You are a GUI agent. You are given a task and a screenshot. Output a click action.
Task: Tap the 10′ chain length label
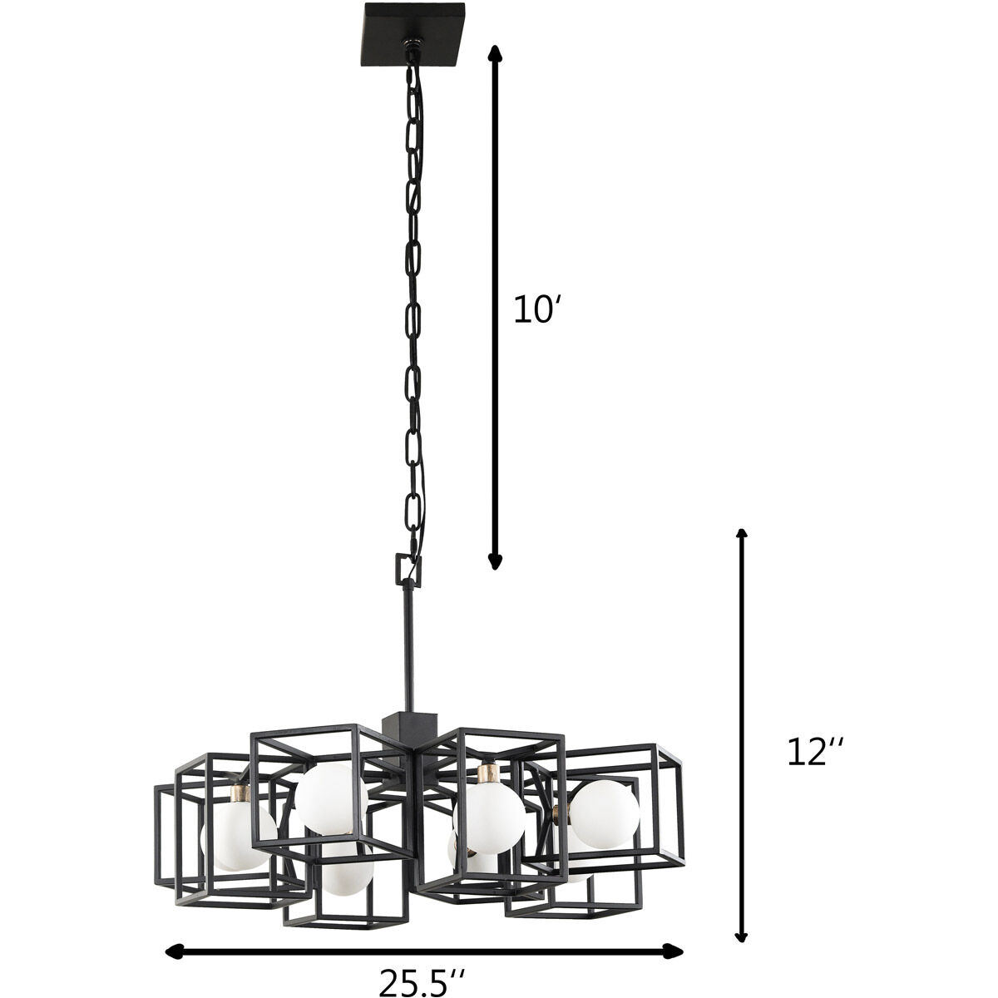(x=533, y=309)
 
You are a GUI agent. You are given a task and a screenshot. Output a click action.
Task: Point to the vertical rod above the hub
(x=408, y=649)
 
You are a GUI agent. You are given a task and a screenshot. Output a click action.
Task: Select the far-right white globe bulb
(x=605, y=815)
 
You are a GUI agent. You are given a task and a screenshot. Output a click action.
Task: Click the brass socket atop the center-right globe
(x=488, y=773)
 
